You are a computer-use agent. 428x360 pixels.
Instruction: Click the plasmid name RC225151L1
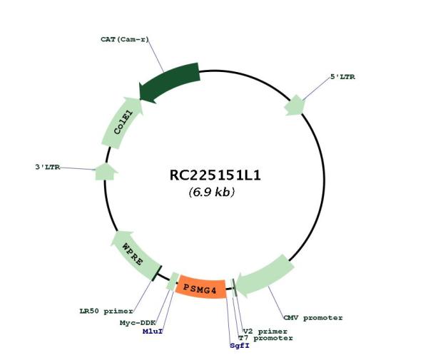[212, 175]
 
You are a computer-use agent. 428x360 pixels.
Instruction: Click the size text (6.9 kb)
[212, 192]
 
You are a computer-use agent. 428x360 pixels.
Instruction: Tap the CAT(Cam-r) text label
[124, 38]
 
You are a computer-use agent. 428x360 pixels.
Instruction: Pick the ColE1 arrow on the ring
[121, 123]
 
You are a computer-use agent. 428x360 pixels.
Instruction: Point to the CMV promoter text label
[312, 317]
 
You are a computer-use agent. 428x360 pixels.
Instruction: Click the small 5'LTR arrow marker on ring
[295, 105]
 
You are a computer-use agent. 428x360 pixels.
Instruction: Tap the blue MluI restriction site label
[152, 331]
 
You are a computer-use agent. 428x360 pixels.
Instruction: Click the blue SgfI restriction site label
[240, 346]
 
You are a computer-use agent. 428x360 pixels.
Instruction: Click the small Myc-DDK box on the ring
[171, 283]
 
